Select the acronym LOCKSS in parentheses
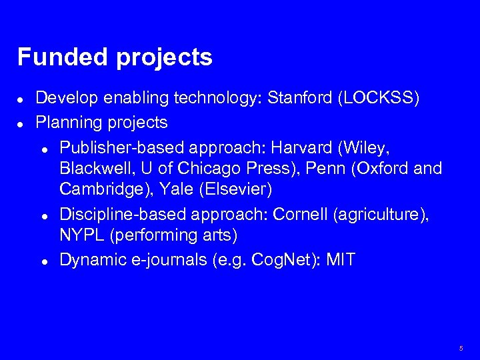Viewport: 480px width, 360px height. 379,99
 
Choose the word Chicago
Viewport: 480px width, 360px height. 193,168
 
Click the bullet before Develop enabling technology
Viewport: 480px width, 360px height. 22,100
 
